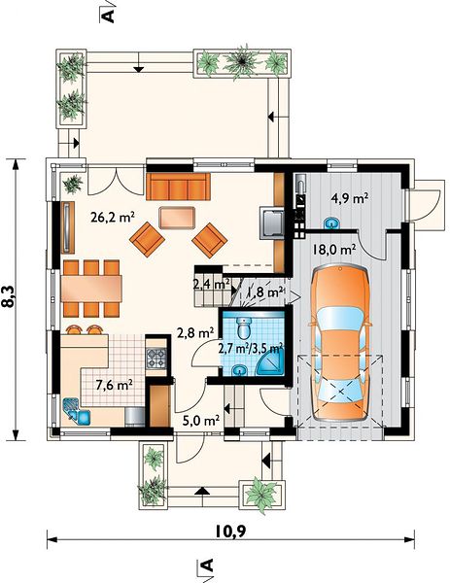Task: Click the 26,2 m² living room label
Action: (x=113, y=217)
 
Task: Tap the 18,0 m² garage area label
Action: (x=333, y=249)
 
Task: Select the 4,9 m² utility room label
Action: (x=350, y=198)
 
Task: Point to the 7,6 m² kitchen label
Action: (x=115, y=385)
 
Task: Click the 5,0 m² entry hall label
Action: (x=201, y=421)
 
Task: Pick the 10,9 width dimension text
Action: (x=230, y=532)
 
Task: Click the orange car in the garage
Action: (x=340, y=344)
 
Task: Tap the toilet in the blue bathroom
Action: (x=244, y=326)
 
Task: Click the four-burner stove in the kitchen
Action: (x=156, y=358)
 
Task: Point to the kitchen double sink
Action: (x=77, y=412)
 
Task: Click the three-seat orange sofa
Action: (x=177, y=187)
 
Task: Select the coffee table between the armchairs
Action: (x=177, y=218)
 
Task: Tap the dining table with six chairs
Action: (x=91, y=289)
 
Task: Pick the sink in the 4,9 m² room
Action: (x=331, y=223)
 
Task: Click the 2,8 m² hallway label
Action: (x=195, y=332)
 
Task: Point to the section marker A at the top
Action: (x=107, y=16)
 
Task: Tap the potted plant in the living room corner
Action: (x=72, y=184)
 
